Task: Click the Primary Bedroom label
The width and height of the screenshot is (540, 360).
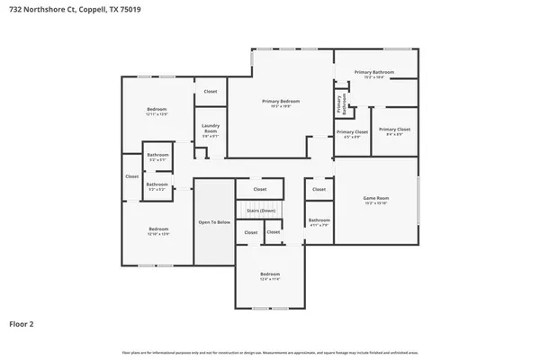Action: [281, 101]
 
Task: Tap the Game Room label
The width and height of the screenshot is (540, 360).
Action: [375, 198]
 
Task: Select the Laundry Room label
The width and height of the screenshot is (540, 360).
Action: [211, 128]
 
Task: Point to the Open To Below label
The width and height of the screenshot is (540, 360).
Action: [214, 221]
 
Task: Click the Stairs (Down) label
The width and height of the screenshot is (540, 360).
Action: [260, 210]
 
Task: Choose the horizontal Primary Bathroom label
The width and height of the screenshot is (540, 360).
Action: [374, 72]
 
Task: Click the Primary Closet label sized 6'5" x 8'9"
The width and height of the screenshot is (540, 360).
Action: [352, 132]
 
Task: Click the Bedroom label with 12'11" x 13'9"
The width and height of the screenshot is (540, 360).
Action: [157, 109]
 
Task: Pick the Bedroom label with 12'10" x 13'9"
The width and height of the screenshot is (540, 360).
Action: [158, 229]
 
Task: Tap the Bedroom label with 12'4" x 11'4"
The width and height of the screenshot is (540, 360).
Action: [270, 274]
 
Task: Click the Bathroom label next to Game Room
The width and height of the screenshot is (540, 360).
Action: [319, 220]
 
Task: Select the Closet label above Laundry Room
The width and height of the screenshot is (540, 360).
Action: [211, 91]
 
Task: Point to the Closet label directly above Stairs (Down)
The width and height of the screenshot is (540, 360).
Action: [260, 189]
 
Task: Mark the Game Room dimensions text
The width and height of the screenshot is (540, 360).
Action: [375, 204]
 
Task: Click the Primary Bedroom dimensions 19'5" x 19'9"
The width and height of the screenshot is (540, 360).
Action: [281, 107]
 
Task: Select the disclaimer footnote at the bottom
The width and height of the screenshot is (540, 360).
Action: [270, 351]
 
